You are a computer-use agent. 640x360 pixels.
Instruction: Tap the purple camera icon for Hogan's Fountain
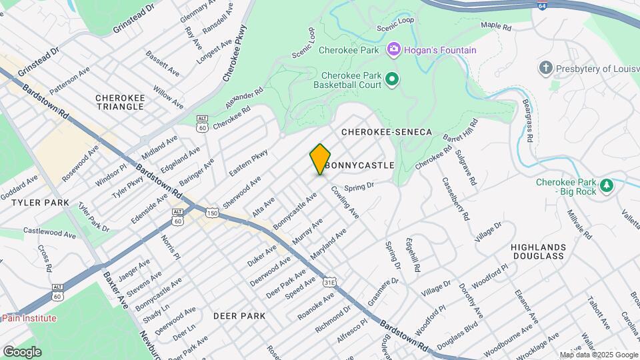(x=393, y=49)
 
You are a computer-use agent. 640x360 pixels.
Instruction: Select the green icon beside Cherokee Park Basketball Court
(x=392, y=79)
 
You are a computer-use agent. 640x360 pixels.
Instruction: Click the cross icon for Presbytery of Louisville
(x=545, y=68)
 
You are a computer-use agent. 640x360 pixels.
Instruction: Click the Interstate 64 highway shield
(x=543, y=5)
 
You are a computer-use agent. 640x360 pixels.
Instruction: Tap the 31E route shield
(x=329, y=283)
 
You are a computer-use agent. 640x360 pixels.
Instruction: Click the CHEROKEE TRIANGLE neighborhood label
(x=120, y=102)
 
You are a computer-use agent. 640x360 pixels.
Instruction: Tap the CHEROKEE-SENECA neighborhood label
(x=387, y=133)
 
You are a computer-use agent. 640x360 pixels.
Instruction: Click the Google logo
(x=22, y=351)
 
